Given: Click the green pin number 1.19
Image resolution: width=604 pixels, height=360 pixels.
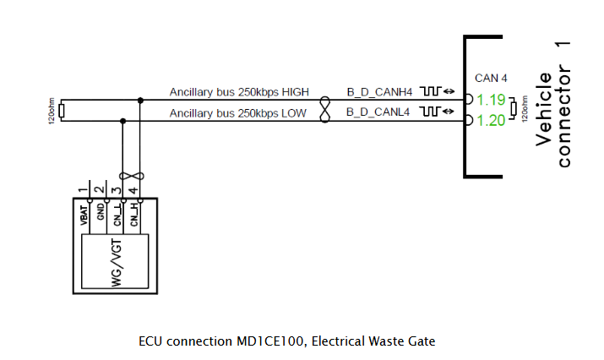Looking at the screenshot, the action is point(491,100).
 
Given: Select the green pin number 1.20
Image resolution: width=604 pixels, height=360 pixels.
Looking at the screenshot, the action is point(491,121).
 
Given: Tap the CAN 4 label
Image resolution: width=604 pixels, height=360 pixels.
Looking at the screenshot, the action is point(491,79).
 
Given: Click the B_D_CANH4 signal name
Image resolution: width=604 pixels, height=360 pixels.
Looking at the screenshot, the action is point(379,92).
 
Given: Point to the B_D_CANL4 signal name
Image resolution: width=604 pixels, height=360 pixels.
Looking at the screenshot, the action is point(378,112).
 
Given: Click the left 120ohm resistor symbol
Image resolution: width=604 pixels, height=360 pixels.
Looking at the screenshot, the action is point(62,111).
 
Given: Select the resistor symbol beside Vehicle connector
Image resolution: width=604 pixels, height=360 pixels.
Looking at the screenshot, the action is point(513,108).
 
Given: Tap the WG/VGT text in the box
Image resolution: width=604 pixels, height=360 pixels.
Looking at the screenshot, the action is point(117,263).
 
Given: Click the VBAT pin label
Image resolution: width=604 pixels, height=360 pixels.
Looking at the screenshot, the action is point(84,215).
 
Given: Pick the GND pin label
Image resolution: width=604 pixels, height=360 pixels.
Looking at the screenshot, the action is point(101,212).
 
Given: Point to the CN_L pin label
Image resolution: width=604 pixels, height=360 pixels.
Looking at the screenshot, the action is point(117,215).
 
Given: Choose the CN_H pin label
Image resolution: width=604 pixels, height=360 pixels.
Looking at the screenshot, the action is point(134,215).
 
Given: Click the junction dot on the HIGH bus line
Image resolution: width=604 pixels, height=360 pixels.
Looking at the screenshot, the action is point(140,101).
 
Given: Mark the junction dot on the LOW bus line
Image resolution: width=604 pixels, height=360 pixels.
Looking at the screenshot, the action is point(122,121).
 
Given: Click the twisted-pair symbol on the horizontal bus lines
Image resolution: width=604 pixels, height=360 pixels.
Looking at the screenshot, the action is point(325,110).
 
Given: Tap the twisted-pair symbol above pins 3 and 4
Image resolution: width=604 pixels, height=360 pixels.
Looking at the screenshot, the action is point(132,176).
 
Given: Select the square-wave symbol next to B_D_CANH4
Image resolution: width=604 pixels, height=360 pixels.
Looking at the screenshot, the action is point(430,91).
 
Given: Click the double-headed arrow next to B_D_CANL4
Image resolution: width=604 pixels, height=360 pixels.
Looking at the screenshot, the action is point(449,112).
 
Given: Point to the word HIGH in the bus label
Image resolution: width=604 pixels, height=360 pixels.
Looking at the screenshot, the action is point(296,92).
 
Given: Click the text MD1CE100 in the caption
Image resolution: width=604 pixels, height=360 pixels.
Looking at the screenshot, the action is point(269,341).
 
